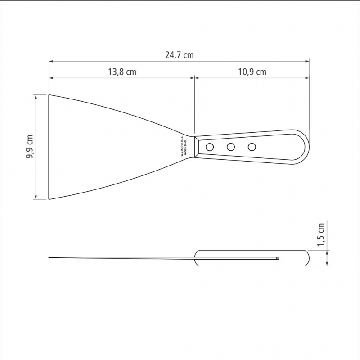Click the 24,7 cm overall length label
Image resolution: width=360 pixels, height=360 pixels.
pos(179,55)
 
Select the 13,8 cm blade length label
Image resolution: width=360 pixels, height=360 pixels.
pos(122,72)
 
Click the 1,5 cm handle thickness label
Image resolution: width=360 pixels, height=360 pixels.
pos(321,235)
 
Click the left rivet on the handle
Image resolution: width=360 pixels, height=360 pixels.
pos(210,147)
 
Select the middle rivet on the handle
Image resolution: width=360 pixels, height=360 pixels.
pos(231,147)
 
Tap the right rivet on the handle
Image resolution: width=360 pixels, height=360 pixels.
pos(252,147)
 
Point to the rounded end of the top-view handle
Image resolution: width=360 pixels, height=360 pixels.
pos(306,147)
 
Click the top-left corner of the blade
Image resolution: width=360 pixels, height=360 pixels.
pos(49,95)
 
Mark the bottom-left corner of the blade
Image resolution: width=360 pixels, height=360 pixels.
pos(49,199)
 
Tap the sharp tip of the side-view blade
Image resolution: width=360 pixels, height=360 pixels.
pos(49,257)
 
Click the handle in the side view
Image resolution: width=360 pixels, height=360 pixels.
pos(252,258)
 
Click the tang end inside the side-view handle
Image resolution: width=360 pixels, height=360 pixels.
pos(278,258)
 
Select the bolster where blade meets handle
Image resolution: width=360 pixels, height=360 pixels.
pos(197,147)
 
